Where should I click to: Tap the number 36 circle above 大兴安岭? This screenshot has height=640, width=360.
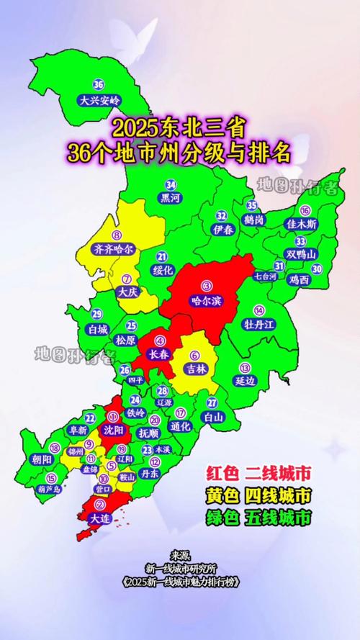(x=99, y=85)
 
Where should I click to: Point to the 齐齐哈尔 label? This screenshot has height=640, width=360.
(x=114, y=249)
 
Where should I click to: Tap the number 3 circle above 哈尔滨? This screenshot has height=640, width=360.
(x=207, y=286)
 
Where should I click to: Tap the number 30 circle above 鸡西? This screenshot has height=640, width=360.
(x=317, y=268)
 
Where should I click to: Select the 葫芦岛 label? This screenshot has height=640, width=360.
(x=50, y=489)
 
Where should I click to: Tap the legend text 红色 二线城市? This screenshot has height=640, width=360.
(x=258, y=473)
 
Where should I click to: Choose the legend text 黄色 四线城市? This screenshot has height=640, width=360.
(x=258, y=495)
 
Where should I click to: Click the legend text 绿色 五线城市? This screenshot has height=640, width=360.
(x=258, y=517)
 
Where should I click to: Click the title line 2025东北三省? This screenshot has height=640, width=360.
(x=179, y=130)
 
